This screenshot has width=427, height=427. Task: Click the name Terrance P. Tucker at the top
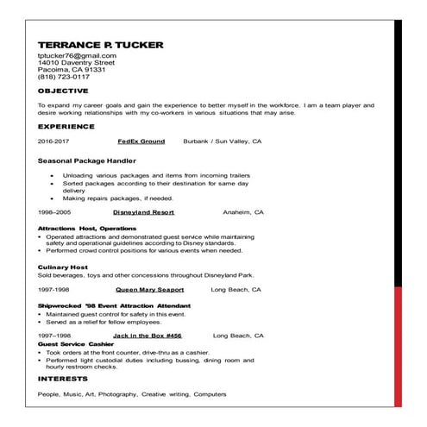point(100,44)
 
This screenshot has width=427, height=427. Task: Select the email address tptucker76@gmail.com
point(77,56)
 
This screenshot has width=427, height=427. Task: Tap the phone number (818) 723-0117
point(63,77)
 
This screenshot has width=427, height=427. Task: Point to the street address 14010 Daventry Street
point(76,63)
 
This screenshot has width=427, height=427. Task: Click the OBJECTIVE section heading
point(63,90)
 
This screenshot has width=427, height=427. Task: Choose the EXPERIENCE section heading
point(68,125)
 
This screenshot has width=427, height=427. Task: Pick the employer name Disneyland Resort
point(143,211)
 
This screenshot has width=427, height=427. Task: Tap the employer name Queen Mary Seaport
point(149,291)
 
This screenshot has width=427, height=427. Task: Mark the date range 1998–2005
point(54,211)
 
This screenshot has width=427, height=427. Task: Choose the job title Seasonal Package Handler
point(87,160)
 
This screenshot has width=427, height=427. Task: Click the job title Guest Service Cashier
point(76,343)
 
